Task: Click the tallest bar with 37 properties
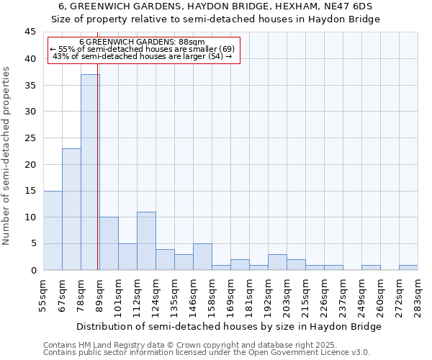click(x=90, y=172)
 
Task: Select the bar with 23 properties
click(x=71, y=209)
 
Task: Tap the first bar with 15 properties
click(x=53, y=230)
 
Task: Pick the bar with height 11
click(x=146, y=240)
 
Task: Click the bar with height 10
click(x=109, y=243)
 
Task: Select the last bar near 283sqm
click(x=408, y=268)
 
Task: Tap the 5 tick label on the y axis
click(x=32, y=243)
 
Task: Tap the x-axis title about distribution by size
click(x=228, y=326)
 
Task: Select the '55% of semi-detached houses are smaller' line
click(x=142, y=49)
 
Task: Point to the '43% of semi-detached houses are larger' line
click(x=143, y=56)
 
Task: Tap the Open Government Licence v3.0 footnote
click(x=207, y=353)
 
